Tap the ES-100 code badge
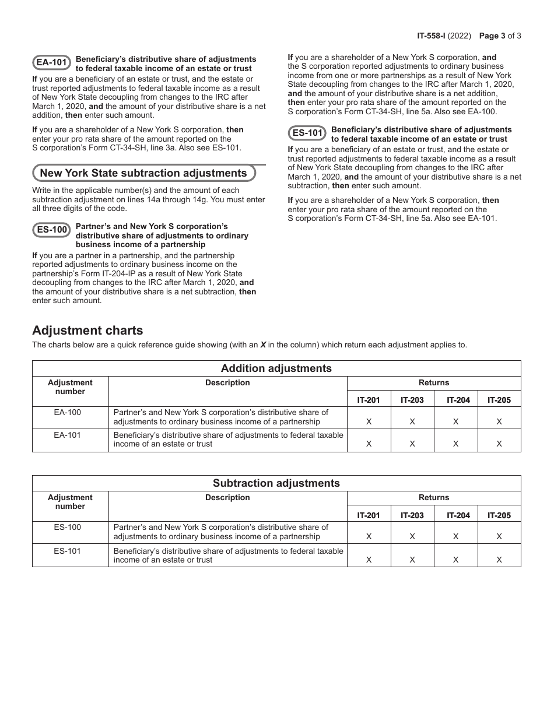(x=52, y=230)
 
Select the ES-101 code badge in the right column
(x=307, y=133)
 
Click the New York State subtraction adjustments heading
(x=143, y=173)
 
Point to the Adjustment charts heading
(x=87, y=331)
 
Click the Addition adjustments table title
(x=276, y=368)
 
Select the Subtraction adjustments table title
(x=276, y=483)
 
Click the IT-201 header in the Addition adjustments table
(x=369, y=400)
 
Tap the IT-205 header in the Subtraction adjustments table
(x=499, y=515)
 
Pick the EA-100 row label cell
(x=70, y=412)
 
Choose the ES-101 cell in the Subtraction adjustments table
(x=70, y=551)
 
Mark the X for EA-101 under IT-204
(x=455, y=444)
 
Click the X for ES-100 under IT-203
(x=412, y=536)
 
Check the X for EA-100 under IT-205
(x=499, y=421)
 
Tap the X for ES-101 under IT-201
(x=369, y=560)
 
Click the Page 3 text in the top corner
(x=492, y=36)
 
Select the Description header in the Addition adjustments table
(x=227, y=383)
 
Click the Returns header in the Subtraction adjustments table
(x=434, y=498)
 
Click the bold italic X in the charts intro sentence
(x=263, y=345)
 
